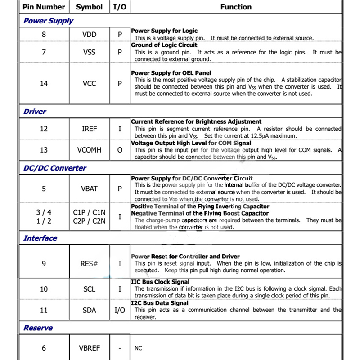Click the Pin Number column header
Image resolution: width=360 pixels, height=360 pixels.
pyautogui.click(x=44, y=7)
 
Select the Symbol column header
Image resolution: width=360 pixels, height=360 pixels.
pyautogui.click(x=89, y=7)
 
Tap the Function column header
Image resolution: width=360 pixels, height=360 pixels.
pyautogui.click(x=236, y=7)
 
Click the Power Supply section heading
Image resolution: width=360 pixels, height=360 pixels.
pyautogui.click(x=48, y=21)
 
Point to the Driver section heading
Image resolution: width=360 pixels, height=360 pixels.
pyautogui.click(x=35, y=111)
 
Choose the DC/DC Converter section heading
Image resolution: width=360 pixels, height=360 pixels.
pyautogui.click(x=54, y=168)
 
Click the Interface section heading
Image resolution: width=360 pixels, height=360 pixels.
pyautogui.click(x=40, y=238)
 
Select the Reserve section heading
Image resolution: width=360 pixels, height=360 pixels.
pyautogui.click(x=38, y=328)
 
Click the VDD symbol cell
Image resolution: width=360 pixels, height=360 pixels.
pyautogui.click(x=89, y=35)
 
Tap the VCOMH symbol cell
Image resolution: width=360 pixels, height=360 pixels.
pyautogui.click(x=89, y=150)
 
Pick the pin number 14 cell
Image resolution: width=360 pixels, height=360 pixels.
pyautogui.click(x=44, y=84)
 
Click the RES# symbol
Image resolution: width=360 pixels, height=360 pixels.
pyautogui.click(x=89, y=263)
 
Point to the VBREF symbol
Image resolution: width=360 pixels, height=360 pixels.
pyautogui.click(x=89, y=348)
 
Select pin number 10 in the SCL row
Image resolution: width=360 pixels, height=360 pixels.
pyautogui.click(x=44, y=288)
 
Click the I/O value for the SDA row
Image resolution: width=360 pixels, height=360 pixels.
pyautogui.click(x=120, y=310)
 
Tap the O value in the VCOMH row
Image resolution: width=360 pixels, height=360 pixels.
pyautogui.click(x=120, y=150)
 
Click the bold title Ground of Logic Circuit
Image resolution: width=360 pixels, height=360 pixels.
pyautogui.click(x=164, y=45)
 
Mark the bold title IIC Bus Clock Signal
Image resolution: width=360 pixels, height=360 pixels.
pyautogui.click(x=160, y=282)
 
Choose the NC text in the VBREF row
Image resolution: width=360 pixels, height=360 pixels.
pyautogui.click(x=138, y=348)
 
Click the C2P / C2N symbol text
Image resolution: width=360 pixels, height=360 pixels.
pyautogui.click(x=89, y=220)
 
